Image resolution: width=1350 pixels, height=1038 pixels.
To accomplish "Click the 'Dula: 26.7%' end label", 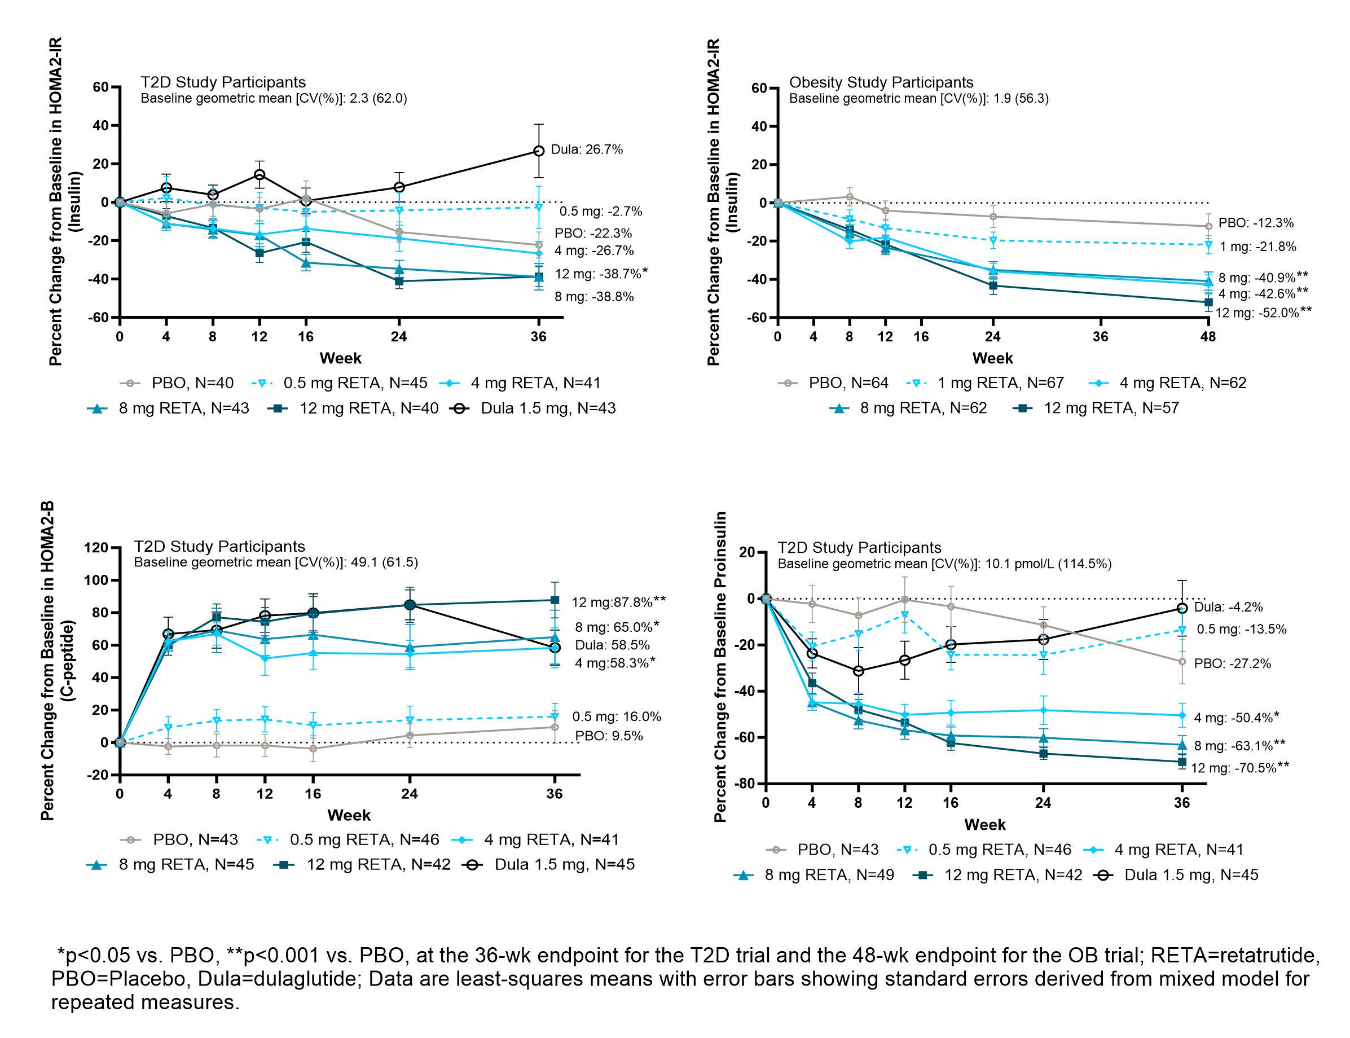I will pos(586,149).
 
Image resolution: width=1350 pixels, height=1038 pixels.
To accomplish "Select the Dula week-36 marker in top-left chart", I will pos(539,151).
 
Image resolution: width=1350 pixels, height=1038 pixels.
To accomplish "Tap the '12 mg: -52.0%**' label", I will pos(1263,313).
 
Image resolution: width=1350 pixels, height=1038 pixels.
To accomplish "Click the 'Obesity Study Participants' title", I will pos(881,82).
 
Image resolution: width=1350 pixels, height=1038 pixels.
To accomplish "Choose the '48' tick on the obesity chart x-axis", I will pos(1207,337).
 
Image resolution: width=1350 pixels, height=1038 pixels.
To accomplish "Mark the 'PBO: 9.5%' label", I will pos(609,736).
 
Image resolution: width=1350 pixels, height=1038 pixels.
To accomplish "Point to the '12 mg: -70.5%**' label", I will pos(1239,768).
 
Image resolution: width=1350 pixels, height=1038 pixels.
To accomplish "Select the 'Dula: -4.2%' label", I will pos(1228,607).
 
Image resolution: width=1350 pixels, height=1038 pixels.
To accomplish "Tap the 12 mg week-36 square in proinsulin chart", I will pos(1182,762).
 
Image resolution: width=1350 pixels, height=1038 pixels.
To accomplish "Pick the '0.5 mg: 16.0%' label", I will pos(617,716).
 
